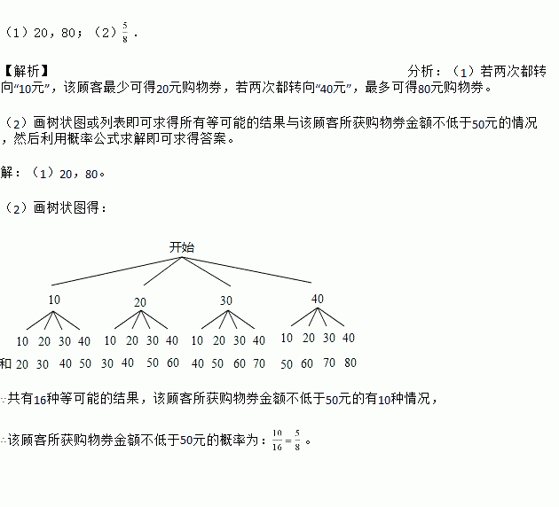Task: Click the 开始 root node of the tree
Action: [182, 247]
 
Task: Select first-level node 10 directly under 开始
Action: [54, 300]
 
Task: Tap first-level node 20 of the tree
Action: [140, 302]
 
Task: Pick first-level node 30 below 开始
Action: [226, 300]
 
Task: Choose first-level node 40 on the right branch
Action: [318, 299]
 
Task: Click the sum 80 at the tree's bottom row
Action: [350, 363]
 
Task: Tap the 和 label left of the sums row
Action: [6, 363]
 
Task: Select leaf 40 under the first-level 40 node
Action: [349, 338]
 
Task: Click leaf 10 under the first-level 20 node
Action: [110, 340]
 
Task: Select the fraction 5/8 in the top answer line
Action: [127, 33]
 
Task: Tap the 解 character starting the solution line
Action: [7, 173]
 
